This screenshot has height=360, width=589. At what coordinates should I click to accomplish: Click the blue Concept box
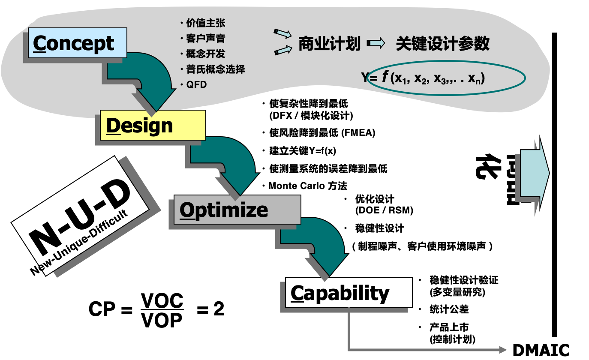78,43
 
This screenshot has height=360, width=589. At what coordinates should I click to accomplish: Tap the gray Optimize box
237,209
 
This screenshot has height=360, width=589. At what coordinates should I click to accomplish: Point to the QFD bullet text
196,85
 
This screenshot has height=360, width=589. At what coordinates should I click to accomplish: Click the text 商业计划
329,44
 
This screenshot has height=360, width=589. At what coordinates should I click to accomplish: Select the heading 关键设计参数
442,44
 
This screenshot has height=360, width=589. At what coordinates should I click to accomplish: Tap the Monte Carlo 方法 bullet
307,186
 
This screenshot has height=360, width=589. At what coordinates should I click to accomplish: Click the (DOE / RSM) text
384,210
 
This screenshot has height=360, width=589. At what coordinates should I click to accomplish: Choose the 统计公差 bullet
449,309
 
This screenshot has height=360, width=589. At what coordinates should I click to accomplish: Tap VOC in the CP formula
162,301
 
